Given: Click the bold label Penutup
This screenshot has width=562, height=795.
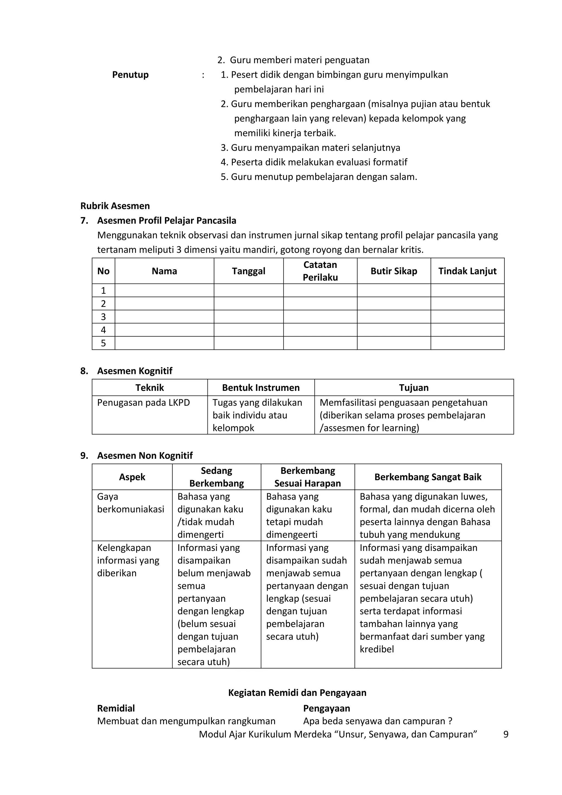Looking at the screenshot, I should coord(130,75).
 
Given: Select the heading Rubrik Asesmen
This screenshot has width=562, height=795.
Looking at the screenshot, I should coord(115,206).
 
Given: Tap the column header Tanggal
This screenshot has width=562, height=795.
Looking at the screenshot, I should coord(248,271).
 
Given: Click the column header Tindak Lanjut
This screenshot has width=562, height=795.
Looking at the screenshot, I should coord(467,271).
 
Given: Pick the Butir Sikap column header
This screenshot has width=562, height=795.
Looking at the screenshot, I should coord(394,271).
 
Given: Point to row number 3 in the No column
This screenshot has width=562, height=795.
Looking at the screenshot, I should coord(103,317).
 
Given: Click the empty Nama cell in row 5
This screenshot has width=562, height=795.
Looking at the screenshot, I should coord(164,343).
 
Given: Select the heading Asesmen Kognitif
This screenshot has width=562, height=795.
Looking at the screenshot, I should coord(135,371).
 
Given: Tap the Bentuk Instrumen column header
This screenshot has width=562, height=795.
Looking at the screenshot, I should coord(261,388).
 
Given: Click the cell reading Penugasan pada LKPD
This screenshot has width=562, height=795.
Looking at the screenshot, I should coord(143,403).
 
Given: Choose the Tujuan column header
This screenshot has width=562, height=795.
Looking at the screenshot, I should coord(414,388).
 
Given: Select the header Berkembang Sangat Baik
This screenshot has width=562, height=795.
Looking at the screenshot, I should coord(428,477).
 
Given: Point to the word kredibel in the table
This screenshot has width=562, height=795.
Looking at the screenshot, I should coord(376,649).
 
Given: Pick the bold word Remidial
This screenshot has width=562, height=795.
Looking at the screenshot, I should coord(116,709).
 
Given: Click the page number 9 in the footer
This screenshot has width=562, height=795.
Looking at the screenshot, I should coord(505,734).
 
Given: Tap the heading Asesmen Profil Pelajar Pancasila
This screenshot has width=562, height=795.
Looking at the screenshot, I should coord(167,220).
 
